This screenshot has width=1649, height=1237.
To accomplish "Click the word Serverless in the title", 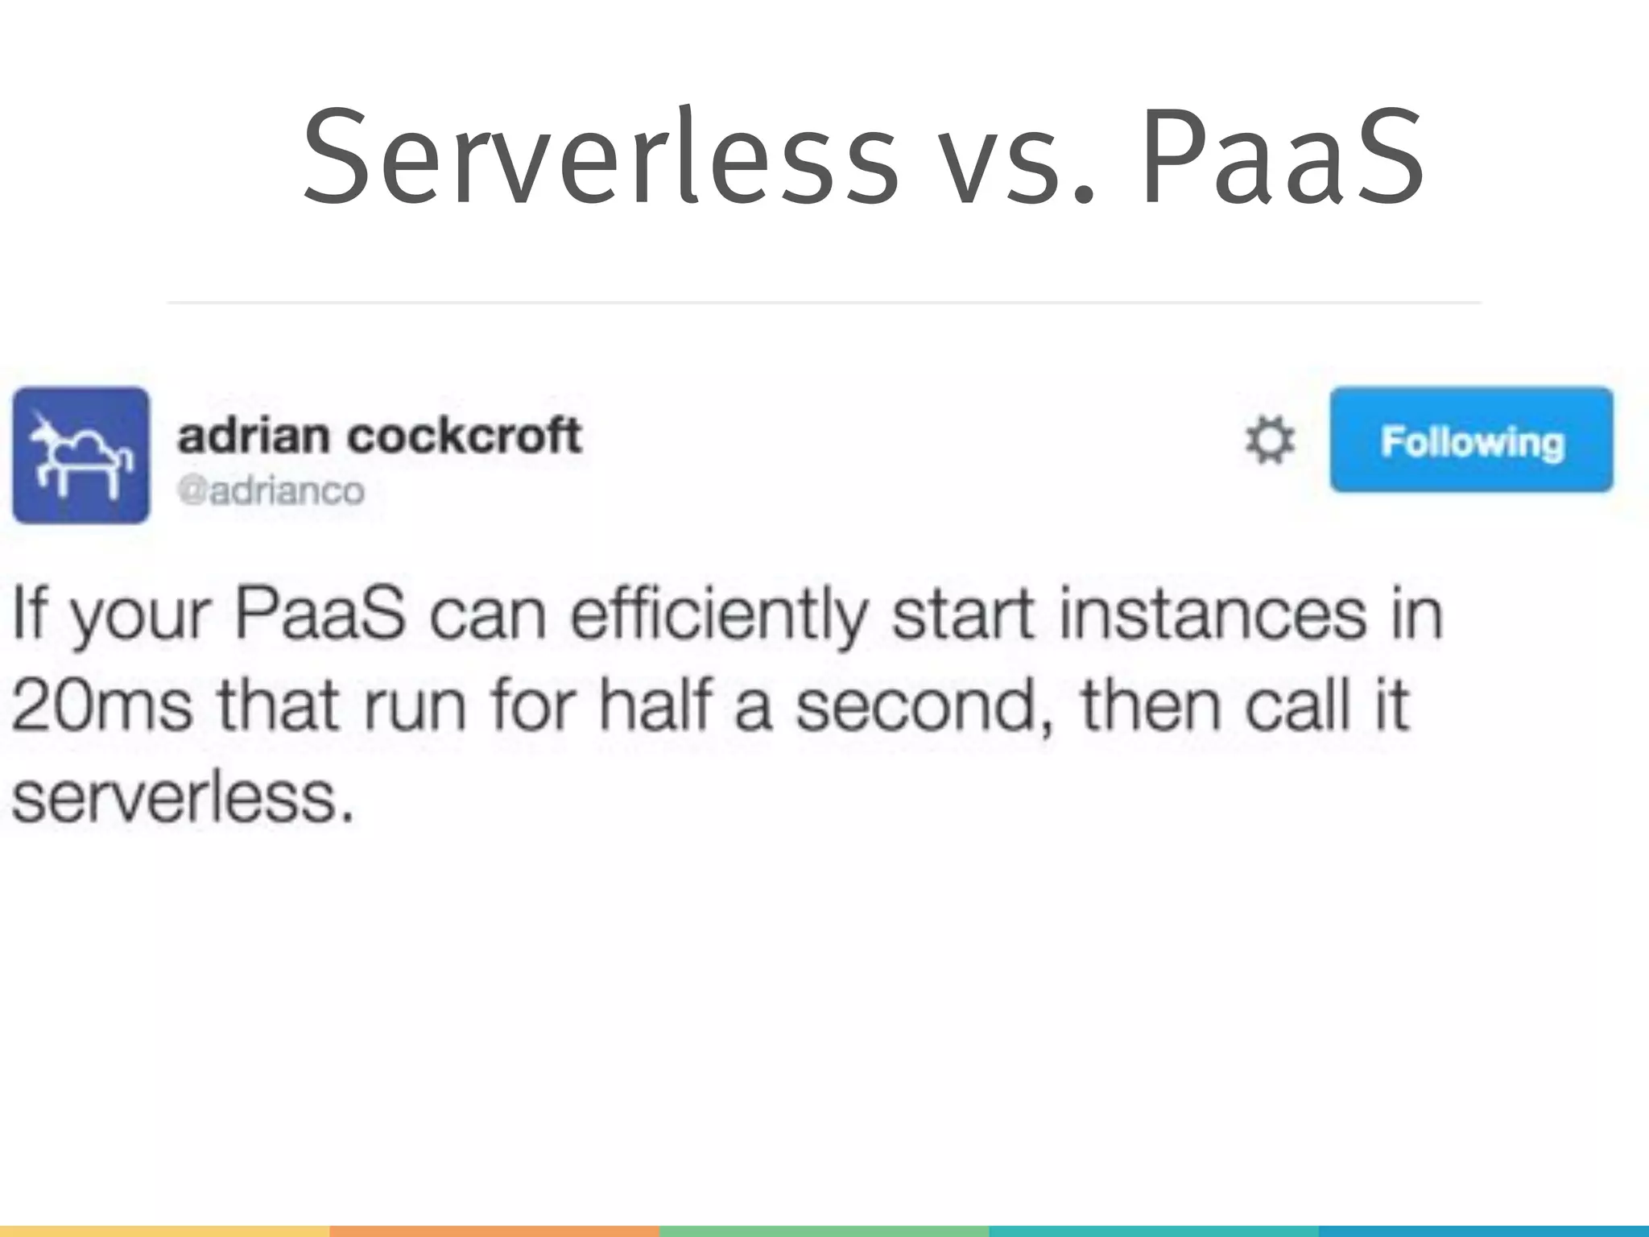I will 600,157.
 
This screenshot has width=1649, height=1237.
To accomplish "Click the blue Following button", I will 1471,441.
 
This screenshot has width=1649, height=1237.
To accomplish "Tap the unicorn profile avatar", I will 81,455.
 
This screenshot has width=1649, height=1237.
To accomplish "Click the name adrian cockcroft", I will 378,436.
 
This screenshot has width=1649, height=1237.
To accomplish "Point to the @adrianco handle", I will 271,490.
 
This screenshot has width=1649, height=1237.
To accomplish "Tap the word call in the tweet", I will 1297,704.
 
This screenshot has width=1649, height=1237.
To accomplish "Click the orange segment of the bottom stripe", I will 494,1231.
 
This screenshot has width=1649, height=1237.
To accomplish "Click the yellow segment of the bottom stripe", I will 164,1231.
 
